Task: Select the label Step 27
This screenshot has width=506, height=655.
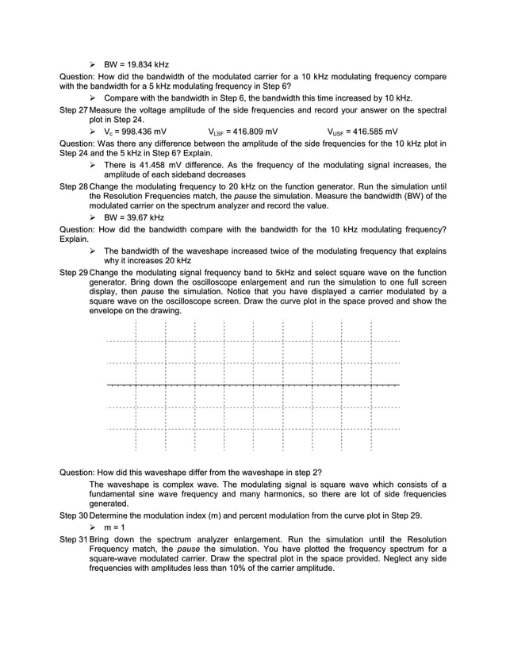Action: click(74, 109)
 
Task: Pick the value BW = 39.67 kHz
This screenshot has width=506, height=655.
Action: click(134, 217)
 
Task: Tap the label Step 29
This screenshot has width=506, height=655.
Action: click(74, 272)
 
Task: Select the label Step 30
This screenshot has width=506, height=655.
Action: click(74, 515)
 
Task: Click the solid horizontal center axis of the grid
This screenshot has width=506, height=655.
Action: click(253, 385)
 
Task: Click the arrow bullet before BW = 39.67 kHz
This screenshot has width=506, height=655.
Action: click(93, 217)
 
